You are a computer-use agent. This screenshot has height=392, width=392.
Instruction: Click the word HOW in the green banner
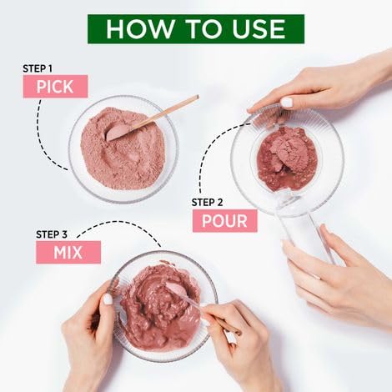pos(139,29)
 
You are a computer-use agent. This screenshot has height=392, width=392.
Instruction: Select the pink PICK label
pos(55,87)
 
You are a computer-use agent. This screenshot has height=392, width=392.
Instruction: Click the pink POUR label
pos(224,221)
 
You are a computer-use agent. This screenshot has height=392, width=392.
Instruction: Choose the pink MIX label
pos(68,252)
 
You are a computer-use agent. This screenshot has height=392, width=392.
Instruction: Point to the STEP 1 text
pos(38,68)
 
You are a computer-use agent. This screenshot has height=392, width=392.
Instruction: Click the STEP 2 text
pos(207,203)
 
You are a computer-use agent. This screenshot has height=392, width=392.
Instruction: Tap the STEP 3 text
pos(52,234)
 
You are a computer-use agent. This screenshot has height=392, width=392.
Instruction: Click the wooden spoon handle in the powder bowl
pos(164,113)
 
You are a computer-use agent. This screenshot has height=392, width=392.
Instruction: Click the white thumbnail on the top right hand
pos(287,103)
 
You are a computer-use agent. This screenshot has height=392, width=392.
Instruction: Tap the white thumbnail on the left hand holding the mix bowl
pos(108,299)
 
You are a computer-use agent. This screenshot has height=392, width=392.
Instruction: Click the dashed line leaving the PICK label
pos(44,139)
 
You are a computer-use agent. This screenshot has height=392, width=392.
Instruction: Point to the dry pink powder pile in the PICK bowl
pos(123,149)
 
